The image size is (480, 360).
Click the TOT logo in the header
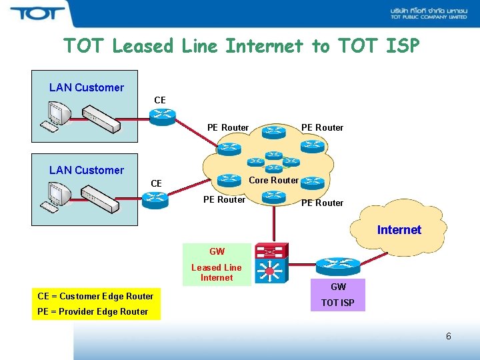coord(37,13)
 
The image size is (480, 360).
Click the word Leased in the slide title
coord(143,46)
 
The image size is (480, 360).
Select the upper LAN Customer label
coord(87,87)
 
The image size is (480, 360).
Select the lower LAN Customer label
coord(87,170)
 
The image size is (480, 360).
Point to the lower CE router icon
coord(155,197)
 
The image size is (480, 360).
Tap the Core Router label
coord(273,180)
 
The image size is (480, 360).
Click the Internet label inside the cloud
coord(399,230)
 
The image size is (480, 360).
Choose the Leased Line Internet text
coord(217,273)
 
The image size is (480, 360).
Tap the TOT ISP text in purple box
coord(338,303)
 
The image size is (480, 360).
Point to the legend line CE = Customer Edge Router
coord(95,296)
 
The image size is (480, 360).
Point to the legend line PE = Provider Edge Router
coord(93,311)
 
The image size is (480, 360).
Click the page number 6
coord(448,336)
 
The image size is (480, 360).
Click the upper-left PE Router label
coord(228,127)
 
